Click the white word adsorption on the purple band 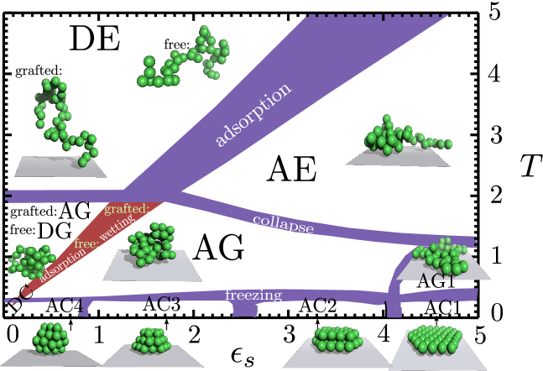point(253,115)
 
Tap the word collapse point(283,224)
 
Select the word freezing point(253,295)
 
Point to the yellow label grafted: point(127,208)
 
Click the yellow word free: point(86,243)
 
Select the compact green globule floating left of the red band point(30,260)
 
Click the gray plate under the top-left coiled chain point(60,166)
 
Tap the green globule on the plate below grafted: point(151,245)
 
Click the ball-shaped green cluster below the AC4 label point(50,337)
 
